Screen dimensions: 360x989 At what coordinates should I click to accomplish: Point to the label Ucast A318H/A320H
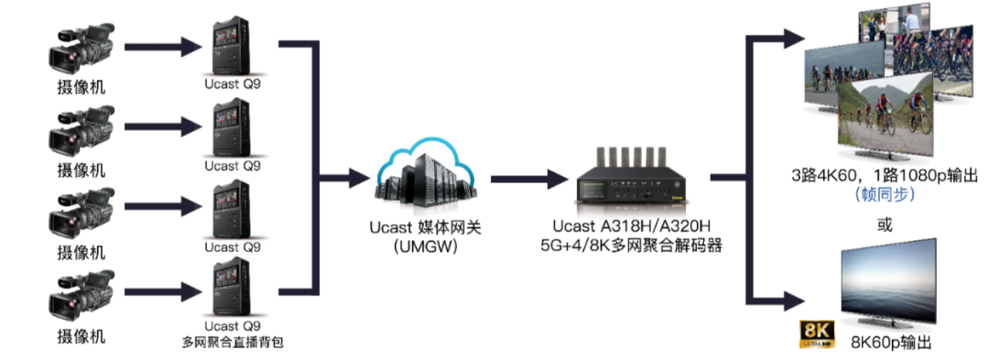pos(625,226)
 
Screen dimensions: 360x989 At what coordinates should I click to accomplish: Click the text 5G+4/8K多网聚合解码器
pos(625,245)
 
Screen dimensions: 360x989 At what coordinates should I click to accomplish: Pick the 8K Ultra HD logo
pos(817,333)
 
